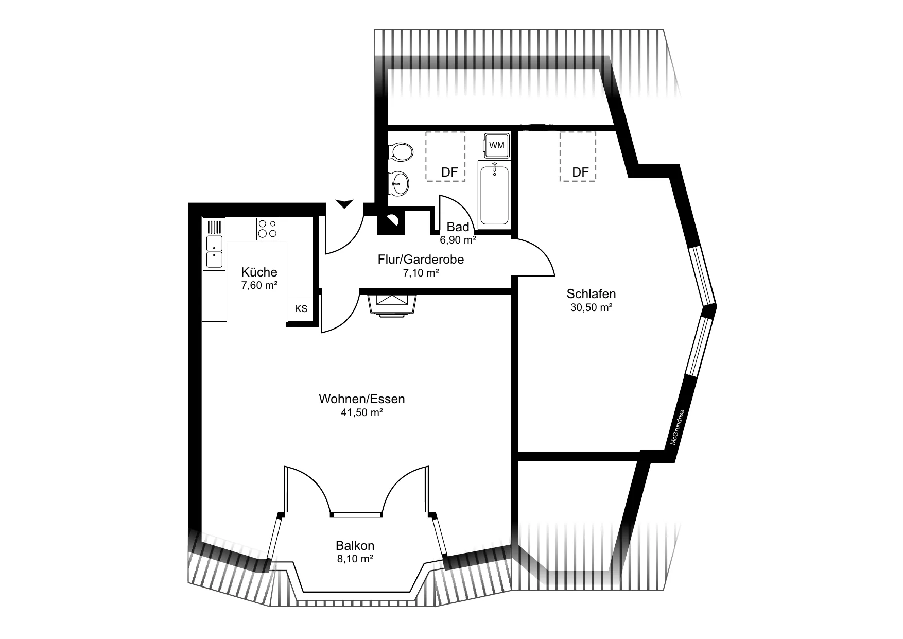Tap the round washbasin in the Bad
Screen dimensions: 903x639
pyautogui.click(x=400, y=183)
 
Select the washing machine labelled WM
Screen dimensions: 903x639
pyautogui.click(x=496, y=145)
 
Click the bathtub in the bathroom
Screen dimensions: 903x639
pyautogui.click(x=494, y=193)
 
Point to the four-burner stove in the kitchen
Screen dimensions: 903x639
pyautogui.click(x=268, y=229)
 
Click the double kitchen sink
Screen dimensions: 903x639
pyautogui.click(x=214, y=252)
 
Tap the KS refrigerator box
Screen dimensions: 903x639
pyautogui.click(x=301, y=309)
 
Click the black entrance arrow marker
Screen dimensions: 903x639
pyautogui.click(x=344, y=204)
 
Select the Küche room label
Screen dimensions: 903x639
pyautogui.click(x=259, y=272)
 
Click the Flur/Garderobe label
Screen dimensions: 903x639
pyautogui.click(x=421, y=260)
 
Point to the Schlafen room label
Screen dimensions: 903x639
pyautogui.click(x=591, y=294)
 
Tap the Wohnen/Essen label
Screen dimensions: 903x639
pyautogui.click(x=362, y=399)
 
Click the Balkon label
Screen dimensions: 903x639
pyautogui.click(x=355, y=545)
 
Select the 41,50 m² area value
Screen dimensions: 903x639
pyautogui.click(x=362, y=412)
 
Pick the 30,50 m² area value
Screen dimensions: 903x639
pyautogui.click(x=591, y=308)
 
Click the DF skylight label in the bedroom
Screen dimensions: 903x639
pyautogui.click(x=580, y=172)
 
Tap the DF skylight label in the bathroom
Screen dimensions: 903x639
pyautogui.click(x=449, y=172)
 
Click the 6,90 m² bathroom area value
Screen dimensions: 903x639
pyautogui.click(x=458, y=239)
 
